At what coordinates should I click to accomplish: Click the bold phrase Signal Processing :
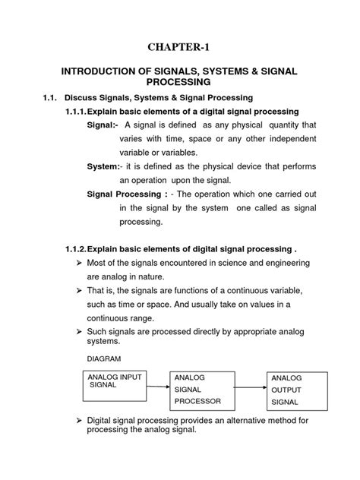click(125, 194)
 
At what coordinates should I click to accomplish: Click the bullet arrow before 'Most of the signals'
click(79, 263)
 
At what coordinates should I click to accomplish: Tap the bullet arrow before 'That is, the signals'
click(79, 291)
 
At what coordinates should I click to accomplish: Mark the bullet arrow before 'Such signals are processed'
click(79, 332)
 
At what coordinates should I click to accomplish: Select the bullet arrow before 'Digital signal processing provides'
click(79, 419)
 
